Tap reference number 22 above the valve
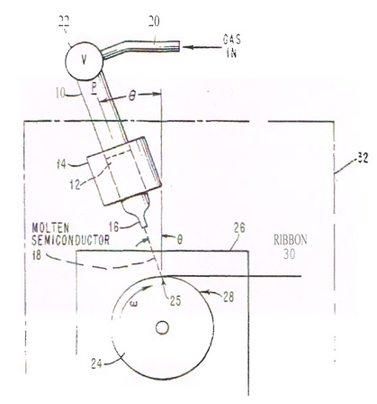click(64, 22)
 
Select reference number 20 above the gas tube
click(154, 22)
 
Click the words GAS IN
click(231, 46)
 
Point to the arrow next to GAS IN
click(201, 47)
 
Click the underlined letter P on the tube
click(94, 87)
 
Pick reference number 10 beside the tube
click(60, 93)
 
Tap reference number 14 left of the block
click(61, 164)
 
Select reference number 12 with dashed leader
click(75, 184)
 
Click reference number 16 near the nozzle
click(114, 227)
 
